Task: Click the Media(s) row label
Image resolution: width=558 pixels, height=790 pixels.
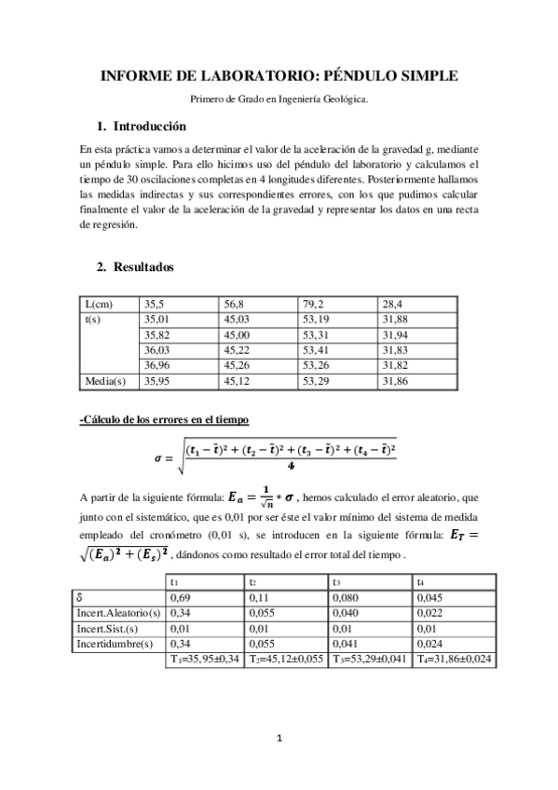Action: click(103, 381)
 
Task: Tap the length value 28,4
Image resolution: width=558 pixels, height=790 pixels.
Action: click(394, 304)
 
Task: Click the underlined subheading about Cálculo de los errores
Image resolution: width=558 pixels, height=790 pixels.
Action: click(164, 421)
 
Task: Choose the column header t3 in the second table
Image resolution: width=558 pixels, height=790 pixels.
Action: click(334, 580)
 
